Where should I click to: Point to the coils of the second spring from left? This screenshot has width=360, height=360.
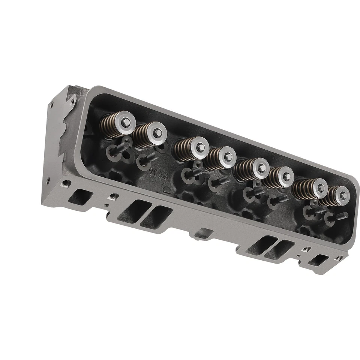pyautogui.click(x=141, y=138)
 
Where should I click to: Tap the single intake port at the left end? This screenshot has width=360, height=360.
pyautogui.click(x=81, y=195)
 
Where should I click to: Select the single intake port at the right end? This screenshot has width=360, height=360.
pyautogui.click(x=321, y=259)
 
